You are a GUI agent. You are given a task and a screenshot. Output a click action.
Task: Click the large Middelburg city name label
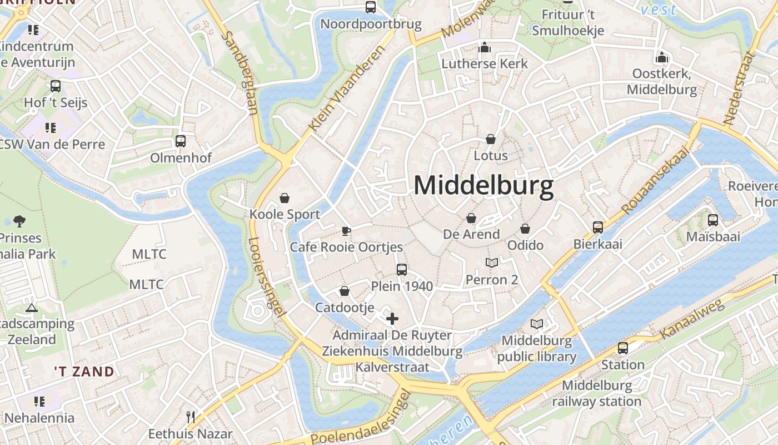click(x=483, y=185)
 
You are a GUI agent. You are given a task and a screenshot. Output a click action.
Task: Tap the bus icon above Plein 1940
click(x=402, y=270)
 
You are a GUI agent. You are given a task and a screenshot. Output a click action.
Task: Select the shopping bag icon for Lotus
click(x=491, y=139)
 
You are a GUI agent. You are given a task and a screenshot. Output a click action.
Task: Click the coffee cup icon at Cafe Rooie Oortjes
click(x=346, y=231)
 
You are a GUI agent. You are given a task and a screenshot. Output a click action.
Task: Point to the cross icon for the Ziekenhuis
click(x=392, y=319)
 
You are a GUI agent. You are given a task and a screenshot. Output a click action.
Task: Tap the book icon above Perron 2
click(x=492, y=263)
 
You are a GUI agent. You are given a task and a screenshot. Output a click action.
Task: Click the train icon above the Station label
click(x=623, y=348)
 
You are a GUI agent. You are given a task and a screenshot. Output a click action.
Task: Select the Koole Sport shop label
click(x=285, y=214)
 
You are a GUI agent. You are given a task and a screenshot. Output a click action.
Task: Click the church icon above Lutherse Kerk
click(x=485, y=47)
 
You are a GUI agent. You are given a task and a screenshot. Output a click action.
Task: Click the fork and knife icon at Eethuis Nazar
click(x=191, y=417)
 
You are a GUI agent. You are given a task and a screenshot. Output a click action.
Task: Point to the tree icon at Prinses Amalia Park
click(x=19, y=221)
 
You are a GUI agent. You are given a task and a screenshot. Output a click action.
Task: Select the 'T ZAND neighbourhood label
click(x=84, y=372)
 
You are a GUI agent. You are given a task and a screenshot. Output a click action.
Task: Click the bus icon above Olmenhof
click(x=181, y=141)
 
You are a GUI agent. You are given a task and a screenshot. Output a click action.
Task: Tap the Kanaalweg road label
click(x=692, y=319)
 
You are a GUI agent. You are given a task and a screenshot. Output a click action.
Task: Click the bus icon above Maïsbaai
click(x=713, y=220)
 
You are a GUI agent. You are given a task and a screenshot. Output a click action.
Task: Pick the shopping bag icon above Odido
click(x=525, y=229)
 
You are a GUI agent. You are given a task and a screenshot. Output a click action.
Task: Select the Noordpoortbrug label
click(x=371, y=24)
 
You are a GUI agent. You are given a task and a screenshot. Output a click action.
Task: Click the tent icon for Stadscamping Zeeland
click(x=32, y=307)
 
